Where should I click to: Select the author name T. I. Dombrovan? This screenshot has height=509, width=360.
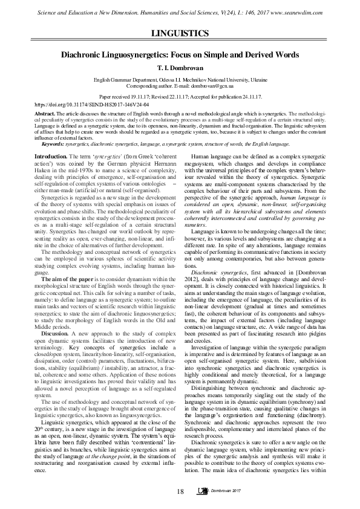180,68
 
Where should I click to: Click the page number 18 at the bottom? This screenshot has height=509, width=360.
180,491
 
